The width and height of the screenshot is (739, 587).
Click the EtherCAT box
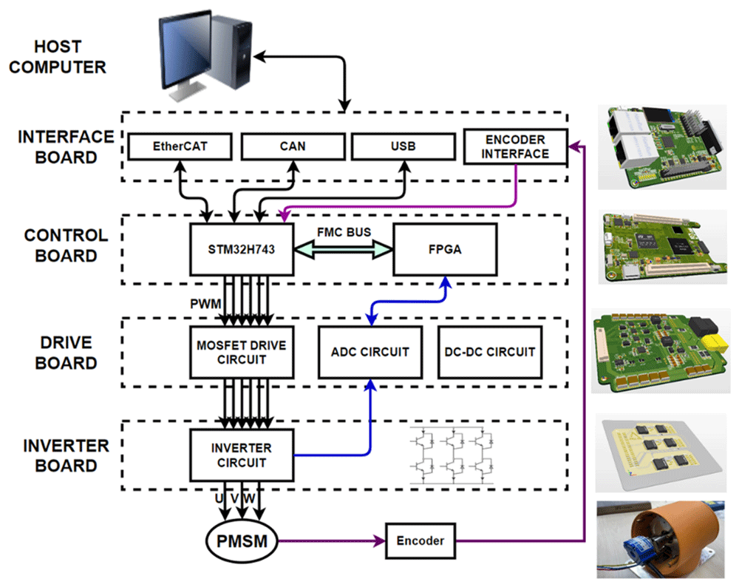180,146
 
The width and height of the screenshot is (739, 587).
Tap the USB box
403,146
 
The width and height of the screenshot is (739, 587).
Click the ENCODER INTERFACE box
515,147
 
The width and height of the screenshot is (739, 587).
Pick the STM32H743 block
241,250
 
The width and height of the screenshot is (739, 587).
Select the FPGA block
444,250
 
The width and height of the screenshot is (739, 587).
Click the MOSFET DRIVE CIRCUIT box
241,352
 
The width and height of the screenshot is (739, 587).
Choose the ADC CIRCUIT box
369,352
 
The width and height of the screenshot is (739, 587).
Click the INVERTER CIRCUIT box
241,455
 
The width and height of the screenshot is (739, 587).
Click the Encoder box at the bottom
419,541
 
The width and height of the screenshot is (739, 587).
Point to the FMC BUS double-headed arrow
343,251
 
